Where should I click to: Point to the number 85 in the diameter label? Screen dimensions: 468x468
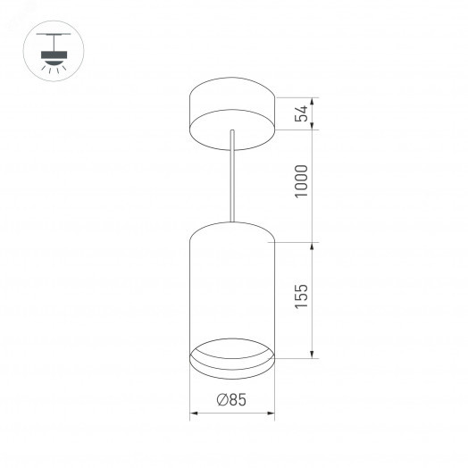(x=237, y=401)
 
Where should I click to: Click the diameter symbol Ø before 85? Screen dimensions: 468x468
(x=221, y=401)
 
